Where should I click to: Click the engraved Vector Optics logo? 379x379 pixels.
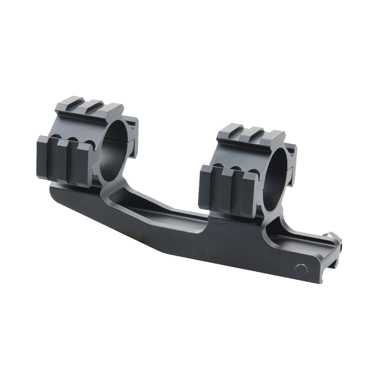click(x=235, y=224)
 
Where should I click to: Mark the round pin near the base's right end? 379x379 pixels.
click(x=301, y=270)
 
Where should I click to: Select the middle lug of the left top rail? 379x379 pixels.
click(x=91, y=106)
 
